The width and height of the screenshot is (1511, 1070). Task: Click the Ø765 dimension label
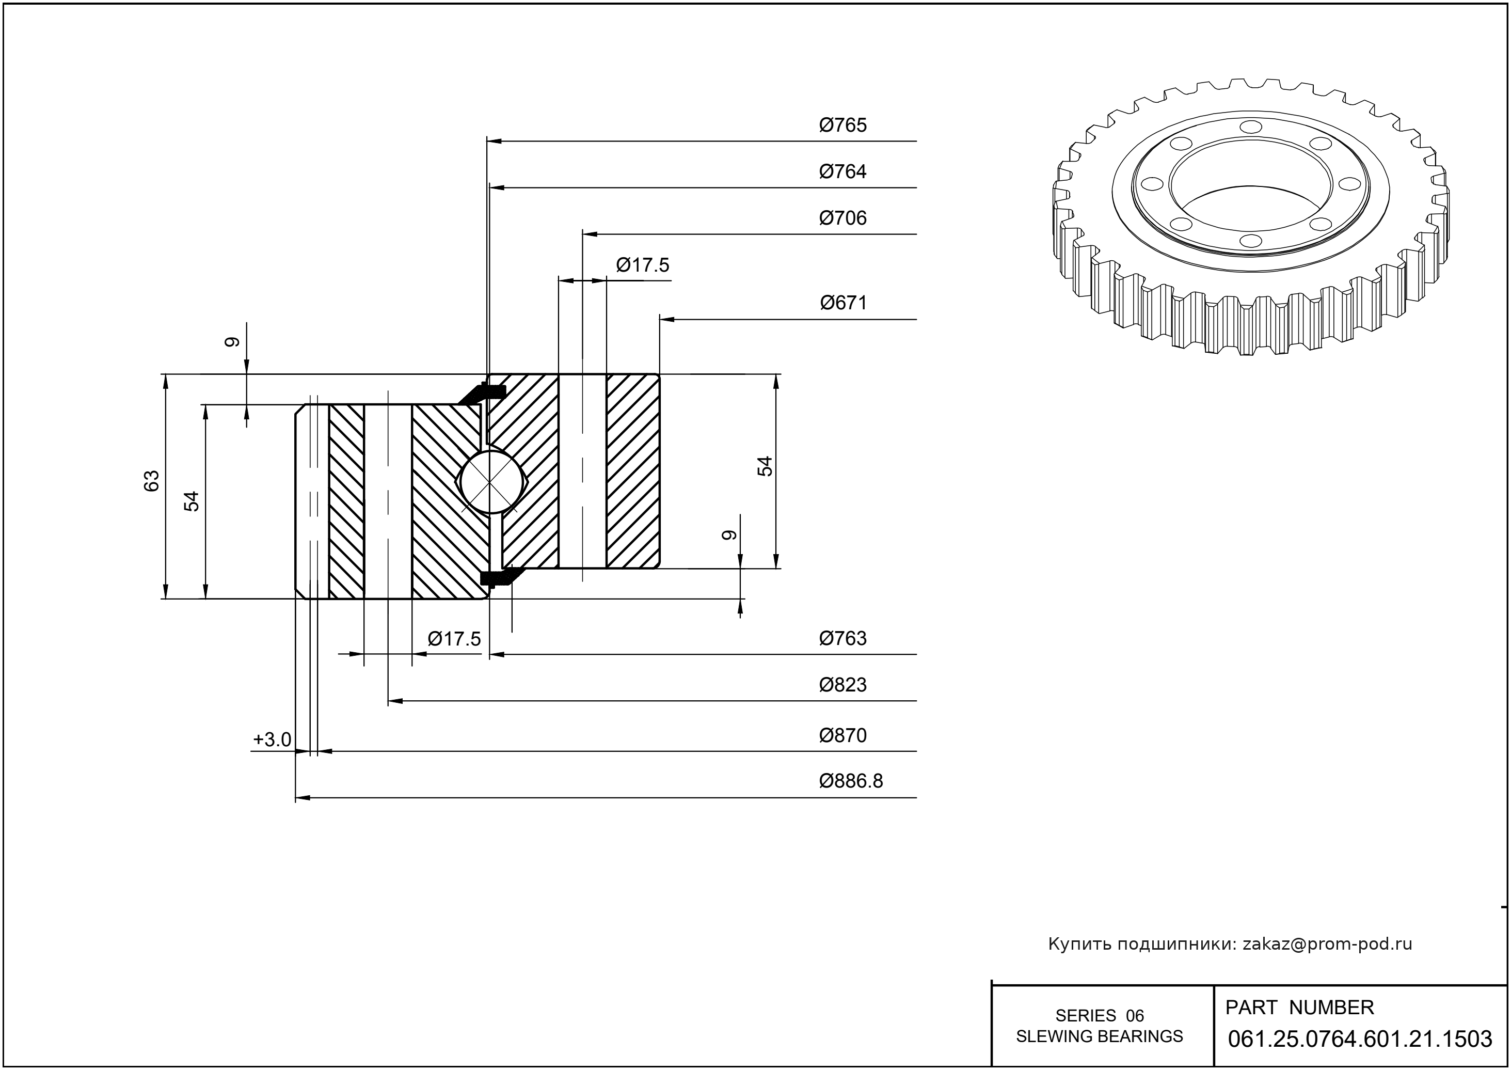(842, 125)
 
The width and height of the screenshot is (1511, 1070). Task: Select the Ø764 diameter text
(842, 171)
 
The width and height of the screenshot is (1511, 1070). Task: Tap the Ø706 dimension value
(842, 218)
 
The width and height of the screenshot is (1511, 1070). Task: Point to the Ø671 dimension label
(843, 303)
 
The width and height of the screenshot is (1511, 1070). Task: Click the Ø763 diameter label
(842, 638)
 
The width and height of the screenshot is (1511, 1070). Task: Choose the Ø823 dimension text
(842, 685)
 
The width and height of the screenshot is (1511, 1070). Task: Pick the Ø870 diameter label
(842, 735)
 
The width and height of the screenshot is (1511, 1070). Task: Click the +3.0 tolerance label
(272, 740)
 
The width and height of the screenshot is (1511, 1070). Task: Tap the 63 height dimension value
(152, 480)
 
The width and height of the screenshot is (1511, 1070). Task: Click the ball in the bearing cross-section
(489, 481)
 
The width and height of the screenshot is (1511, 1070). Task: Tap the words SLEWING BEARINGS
(1100, 1036)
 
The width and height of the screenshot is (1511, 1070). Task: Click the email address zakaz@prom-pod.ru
(1327, 944)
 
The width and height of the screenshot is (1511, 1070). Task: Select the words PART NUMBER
(1299, 1008)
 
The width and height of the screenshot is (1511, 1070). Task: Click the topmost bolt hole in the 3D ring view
(1249, 127)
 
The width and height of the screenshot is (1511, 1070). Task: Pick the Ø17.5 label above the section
(642, 265)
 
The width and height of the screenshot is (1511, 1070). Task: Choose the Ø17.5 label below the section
(454, 638)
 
